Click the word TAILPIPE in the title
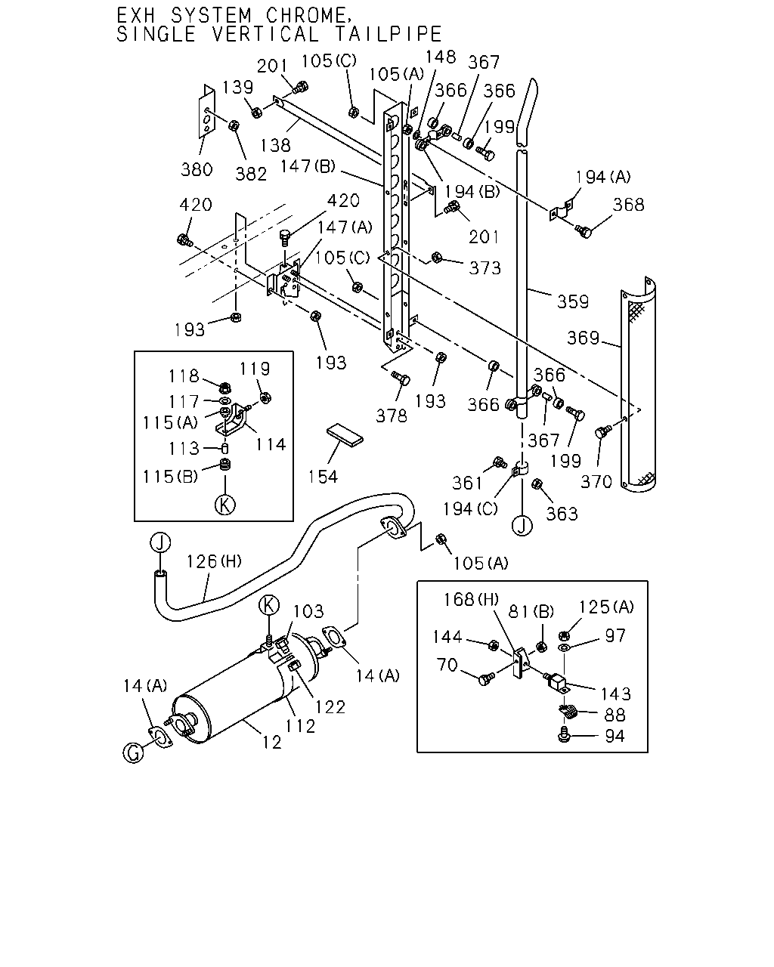388,35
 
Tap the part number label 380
197,170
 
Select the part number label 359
572,301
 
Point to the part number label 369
583,338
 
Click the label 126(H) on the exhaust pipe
214,561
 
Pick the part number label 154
323,477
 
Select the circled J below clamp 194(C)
522,526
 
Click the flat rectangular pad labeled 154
345,434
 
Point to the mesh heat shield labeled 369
638,385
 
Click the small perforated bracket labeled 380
207,112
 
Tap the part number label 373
485,268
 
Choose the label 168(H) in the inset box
471,599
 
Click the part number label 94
615,736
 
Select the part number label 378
392,416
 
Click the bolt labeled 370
602,432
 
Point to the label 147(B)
308,167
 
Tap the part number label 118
184,376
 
